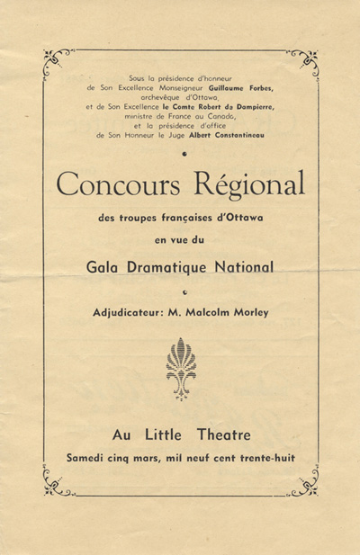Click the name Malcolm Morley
[x=224, y=312]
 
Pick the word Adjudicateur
[x=130, y=312]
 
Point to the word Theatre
[x=217, y=434]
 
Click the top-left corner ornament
[x=55, y=63]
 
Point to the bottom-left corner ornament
[x=55, y=487]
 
